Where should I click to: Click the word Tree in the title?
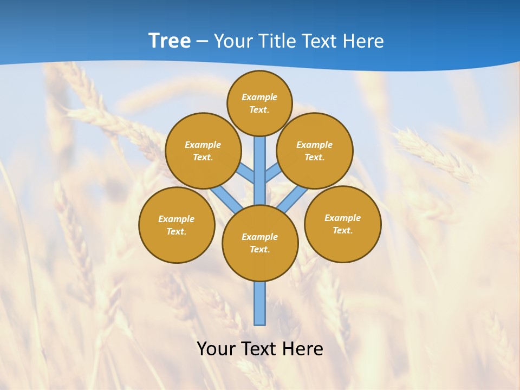(x=170, y=41)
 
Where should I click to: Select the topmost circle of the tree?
(x=259, y=103)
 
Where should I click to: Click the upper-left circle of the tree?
(x=203, y=151)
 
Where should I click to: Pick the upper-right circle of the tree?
(x=315, y=151)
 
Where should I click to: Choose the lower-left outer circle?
(x=177, y=225)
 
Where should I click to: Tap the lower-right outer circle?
(x=343, y=224)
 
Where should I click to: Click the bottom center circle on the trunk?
(x=260, y=243)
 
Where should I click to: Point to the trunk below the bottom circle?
(x=260, y=303)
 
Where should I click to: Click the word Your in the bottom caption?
(x=216, y=348)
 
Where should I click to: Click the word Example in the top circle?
(x=259, y=97)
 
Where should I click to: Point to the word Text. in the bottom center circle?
(x=259, y=249)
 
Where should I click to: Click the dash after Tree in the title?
(x=202, y=41)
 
